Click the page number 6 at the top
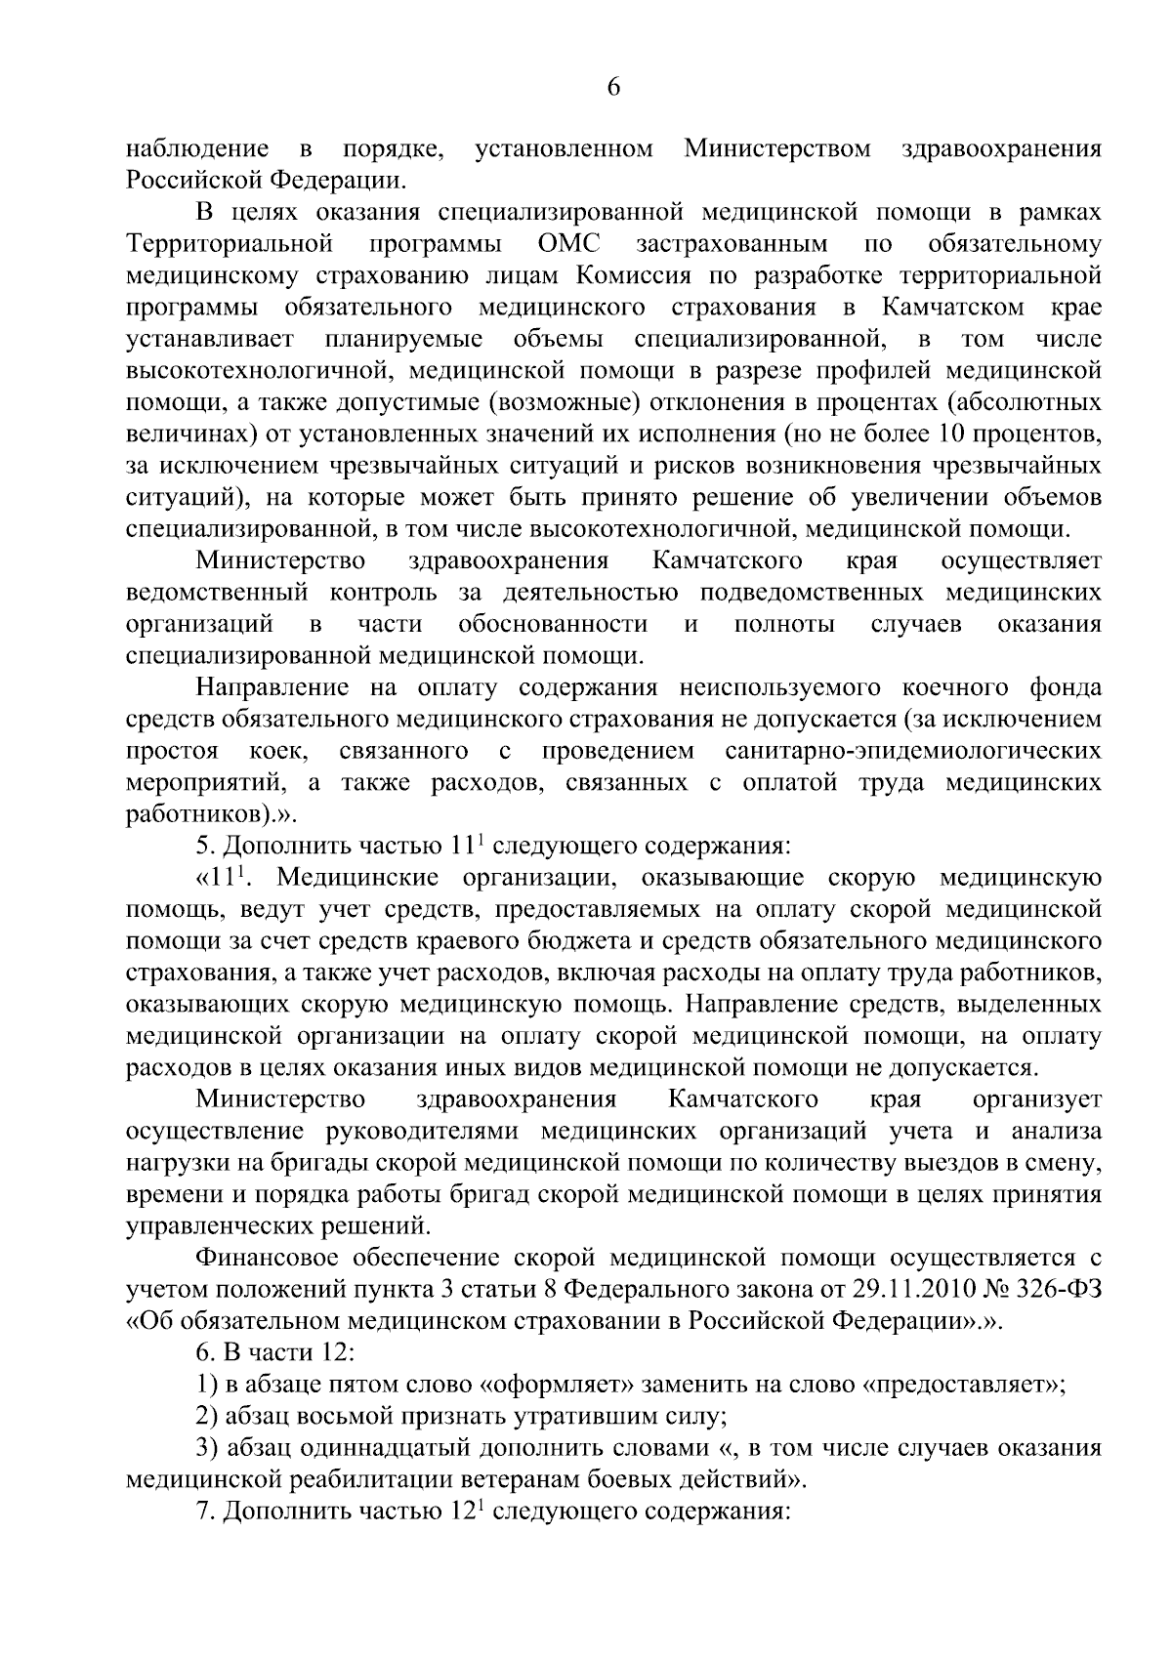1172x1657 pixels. pos(613,87)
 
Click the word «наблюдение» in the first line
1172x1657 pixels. pos(198,149)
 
